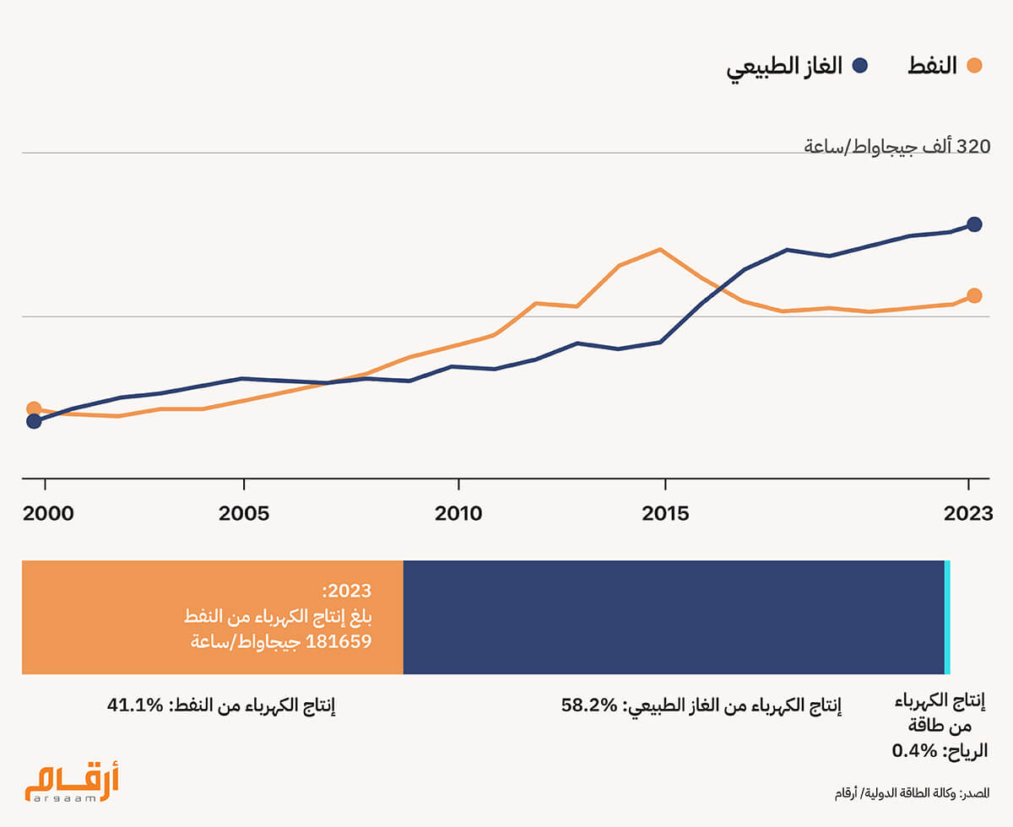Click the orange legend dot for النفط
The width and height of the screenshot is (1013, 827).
pyautogui.click(x=975, y=66)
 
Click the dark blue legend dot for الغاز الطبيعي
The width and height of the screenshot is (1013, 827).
pyautogui.click(x=860, y=66)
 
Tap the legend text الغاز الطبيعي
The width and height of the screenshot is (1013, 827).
pyautogui.click(x=784, y=67)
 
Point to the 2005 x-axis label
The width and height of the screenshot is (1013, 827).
pyautogui.click(x=244, y=513)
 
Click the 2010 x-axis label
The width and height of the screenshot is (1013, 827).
pyautogui.click(x=459, y=513)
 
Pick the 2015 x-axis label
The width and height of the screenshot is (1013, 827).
pyautogui.click(x=665, y=513)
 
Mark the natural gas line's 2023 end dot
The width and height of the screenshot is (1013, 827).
pyautogui.click(x=974, y=224)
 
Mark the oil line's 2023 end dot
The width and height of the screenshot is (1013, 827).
pyautogui.click(x=974, y=295)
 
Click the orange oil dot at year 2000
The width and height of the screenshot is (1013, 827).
pyautogui.click(x=34, y=409)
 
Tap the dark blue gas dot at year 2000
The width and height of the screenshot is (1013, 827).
pyautogui.click(x=34, y=421)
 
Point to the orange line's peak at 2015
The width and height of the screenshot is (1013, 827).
pyautogui.click(x=659, y=250)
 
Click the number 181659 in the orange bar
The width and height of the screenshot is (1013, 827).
pyautogui.click(x=338, y=641)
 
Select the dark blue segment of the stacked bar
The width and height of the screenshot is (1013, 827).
pyautogui.click(x=673, y=617)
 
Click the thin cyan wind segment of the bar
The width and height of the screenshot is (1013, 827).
pyautogui.click(x=947, y=617)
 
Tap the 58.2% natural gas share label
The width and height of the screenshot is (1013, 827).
pyautogui.click(x=591, y=705)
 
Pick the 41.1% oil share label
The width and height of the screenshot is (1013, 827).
pyautogui.click(x=134, y=705)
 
